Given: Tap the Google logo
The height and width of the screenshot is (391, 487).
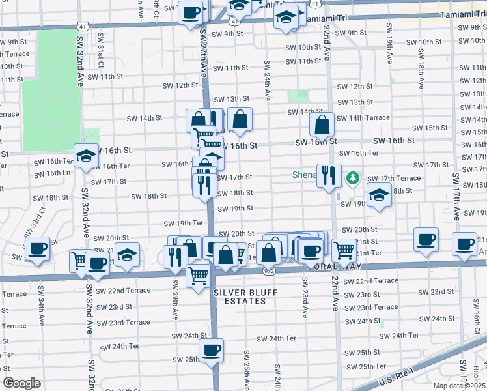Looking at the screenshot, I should click(x=21, y=383).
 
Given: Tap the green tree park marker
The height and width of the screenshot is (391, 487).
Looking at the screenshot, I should click(x=352, y=177).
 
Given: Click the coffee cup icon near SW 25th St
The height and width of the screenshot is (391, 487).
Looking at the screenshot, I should click(x=211, y=351).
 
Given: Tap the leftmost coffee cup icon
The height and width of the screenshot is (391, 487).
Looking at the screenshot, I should click(x=37, y=248).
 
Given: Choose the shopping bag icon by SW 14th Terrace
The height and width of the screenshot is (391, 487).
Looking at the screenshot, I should click(x=322, y=124).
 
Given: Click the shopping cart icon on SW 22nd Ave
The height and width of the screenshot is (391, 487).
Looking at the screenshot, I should click(x=344, y=250).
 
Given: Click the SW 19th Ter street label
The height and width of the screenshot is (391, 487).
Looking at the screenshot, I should click(x=183, y=223).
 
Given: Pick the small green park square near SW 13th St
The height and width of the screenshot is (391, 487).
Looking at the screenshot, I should click(x=298, y=96).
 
